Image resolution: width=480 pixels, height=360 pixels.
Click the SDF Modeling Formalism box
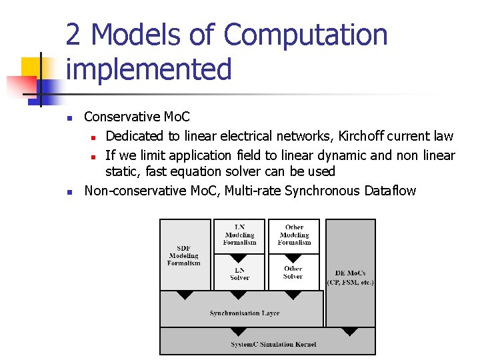tap(185, 255)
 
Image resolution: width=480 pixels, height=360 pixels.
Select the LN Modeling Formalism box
tap(239, 235)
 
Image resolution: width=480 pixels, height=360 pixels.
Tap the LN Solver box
tap(239, 273)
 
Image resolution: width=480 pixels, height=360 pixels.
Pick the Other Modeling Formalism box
tap(294, 235)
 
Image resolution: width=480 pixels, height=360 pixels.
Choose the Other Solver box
tap(293, 273)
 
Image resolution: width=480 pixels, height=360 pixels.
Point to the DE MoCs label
tap(350, 273)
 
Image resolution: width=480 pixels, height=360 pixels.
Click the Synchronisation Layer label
tap(244, 313)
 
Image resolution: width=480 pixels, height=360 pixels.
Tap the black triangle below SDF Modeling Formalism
tap(185, 295)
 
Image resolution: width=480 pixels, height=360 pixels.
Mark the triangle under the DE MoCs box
tap(349, 331)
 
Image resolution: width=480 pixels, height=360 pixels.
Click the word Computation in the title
tap(306, 35)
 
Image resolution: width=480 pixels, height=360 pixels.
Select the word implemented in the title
tap(149, 69)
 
